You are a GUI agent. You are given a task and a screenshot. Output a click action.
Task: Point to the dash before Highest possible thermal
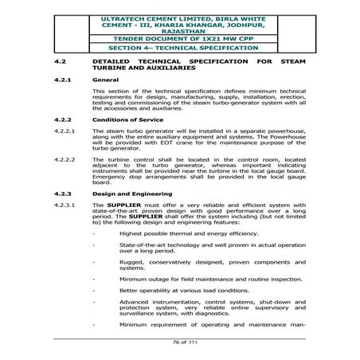[x=96, y=233]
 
